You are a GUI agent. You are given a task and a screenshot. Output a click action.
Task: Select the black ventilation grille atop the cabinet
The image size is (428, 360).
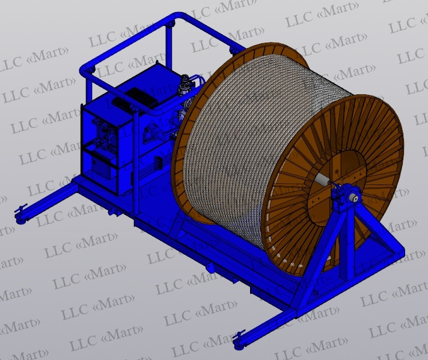point(141,97)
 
